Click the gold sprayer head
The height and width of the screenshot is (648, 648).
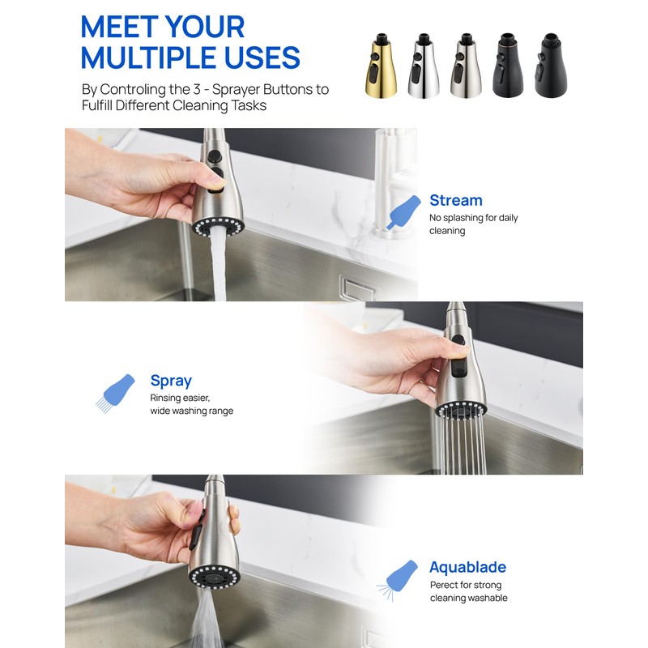pos(381,66)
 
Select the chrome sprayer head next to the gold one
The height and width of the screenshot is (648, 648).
pos(424,66)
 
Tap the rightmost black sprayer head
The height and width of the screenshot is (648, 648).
pos(551,66)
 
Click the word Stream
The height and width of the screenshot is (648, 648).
pos(456,200)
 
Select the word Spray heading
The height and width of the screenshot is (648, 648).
pos(171,381)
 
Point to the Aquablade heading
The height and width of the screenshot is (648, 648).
pos(468,567)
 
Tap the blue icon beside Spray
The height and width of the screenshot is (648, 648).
pos(115,394)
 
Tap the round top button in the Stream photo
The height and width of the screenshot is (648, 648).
pos(214,156)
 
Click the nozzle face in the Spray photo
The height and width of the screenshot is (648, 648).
pos(461,410)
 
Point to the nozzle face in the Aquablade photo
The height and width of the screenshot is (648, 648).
pos(215,577)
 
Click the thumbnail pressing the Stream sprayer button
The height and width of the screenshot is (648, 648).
pos(218,181)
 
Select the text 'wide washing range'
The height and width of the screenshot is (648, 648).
pos(192,411)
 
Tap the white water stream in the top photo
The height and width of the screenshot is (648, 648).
pos(218,265)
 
